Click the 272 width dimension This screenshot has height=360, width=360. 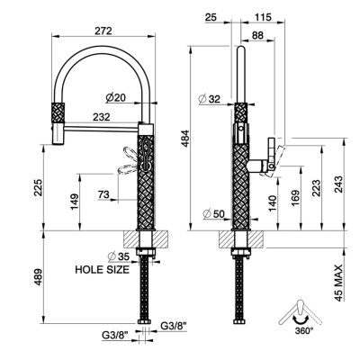click(103, 31)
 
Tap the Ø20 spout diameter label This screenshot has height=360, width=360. click(116, 97)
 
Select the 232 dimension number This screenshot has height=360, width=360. click(102, 117)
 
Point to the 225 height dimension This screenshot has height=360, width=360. click(38, 187)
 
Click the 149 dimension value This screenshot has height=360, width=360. click(75, 202)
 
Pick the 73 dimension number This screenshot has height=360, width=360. click(103, 194)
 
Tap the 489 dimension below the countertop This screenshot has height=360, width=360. click(38, 277)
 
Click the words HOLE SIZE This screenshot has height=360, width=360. click(103, 269)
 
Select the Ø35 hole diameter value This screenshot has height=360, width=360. click(119, 256)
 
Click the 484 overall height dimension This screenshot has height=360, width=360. click(186, 139)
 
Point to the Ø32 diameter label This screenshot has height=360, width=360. click(210, 99)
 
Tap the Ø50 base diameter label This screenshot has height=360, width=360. click(213, 214)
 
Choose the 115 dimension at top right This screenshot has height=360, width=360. click(263, 17)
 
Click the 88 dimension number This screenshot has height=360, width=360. click(257, 35)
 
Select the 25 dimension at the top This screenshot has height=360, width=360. click(211, 17)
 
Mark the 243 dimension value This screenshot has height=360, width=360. click(338, 184)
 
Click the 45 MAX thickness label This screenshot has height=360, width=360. click(338, 283)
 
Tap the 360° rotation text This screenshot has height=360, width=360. click(304, 331)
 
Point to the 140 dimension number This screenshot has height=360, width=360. click(273, 203)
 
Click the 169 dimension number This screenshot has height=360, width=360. click(295, 198)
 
